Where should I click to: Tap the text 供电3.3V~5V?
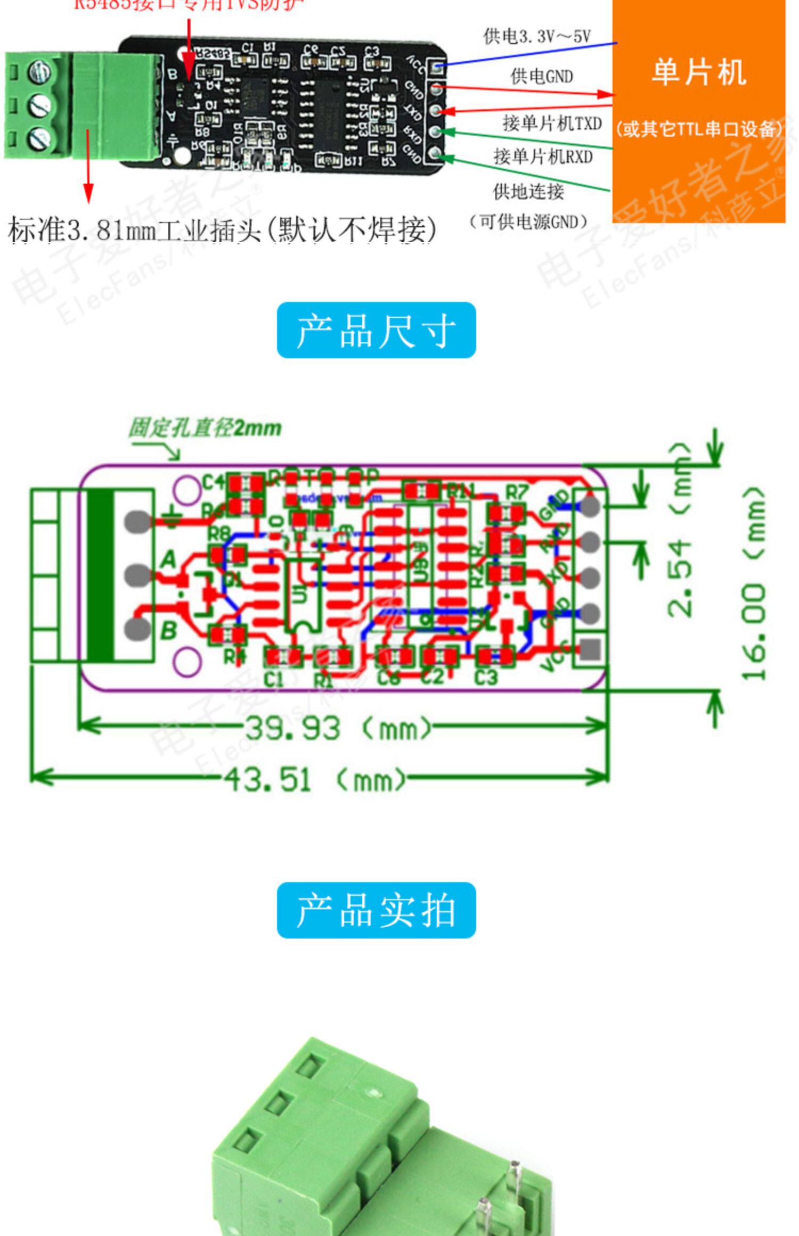(x=537, y=36)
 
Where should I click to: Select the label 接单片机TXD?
(x=552, y=123)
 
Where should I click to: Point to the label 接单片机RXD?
(x=543, y=156)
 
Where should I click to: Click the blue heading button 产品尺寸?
(x=376, y=330)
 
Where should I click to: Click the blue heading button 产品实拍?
(x=376, y=910)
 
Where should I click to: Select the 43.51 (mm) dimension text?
(x=314, y=780)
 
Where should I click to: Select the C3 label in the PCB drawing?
(x=485, y=678)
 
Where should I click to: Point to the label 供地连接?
(x=528, y=191)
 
